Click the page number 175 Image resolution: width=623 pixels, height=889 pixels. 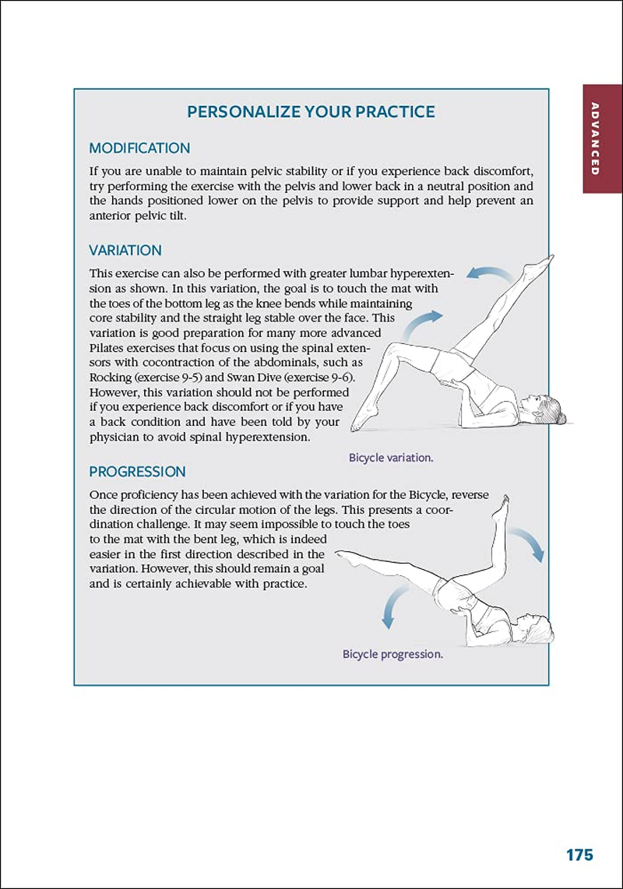pos(579,855)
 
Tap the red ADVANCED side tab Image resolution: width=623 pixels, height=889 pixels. pos(595,139)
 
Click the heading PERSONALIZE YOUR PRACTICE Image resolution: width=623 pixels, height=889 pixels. pos(311,111)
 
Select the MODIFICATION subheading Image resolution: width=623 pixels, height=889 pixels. pos(139,148)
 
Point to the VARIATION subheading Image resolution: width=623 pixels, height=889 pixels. pos(125,251)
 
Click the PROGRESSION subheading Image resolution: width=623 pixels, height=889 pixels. pos(137,472)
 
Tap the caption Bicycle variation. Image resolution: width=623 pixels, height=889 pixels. pos(391,458)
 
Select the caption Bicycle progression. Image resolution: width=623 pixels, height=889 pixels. pos(392,654)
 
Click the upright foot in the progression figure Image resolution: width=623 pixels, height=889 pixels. pos(502,504)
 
